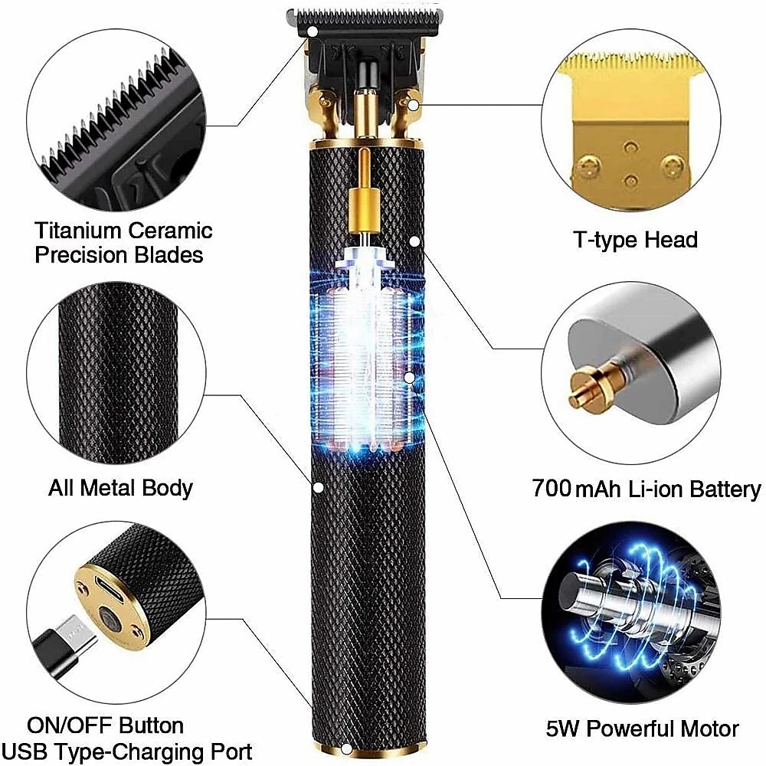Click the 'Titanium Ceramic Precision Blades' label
pos(123,242)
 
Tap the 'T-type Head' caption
pos(636,240)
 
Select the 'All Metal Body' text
pos(120,487)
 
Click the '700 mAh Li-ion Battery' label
pos(647,489)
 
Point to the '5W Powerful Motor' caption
pos(642,728)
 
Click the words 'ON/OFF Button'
pos(105,725)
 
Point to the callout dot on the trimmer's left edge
pos(317,486)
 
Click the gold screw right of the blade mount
pos(413,103)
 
